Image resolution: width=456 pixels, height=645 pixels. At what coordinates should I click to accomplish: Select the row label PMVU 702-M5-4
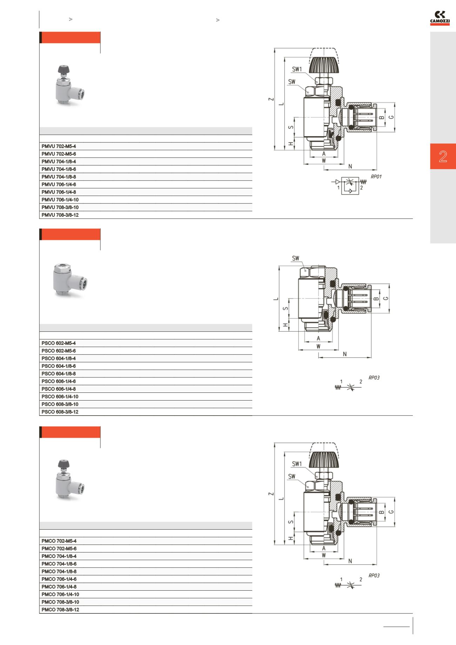(59, 146)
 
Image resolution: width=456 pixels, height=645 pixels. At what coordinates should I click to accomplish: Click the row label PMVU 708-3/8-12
(60, 215)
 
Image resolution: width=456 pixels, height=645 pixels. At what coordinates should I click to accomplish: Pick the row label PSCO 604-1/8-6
(59, 366)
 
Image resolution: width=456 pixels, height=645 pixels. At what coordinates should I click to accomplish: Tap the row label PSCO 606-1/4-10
(60, 397)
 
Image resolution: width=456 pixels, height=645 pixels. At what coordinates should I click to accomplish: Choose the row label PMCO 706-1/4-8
(59, 587)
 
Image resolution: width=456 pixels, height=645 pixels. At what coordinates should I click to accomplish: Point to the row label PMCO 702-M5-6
(59, 549)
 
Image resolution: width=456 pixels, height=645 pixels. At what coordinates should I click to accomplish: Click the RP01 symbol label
(376, 177)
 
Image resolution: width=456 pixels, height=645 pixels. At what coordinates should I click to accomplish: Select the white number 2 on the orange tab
(443, 156)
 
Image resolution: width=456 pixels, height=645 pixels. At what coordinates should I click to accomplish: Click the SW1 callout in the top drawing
(297, 69)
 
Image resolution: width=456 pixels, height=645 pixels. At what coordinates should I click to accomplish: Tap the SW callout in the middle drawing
(296, 258)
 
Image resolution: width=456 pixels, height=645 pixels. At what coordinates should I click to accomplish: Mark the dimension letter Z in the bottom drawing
(270, 494)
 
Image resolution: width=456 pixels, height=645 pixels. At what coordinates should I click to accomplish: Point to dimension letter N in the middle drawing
(345, 354)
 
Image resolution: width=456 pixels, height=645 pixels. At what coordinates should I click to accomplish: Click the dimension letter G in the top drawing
(391, 117)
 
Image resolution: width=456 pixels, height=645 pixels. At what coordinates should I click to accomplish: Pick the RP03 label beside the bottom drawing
(374, 576)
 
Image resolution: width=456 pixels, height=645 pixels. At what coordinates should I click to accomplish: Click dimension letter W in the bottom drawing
(324, 555)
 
